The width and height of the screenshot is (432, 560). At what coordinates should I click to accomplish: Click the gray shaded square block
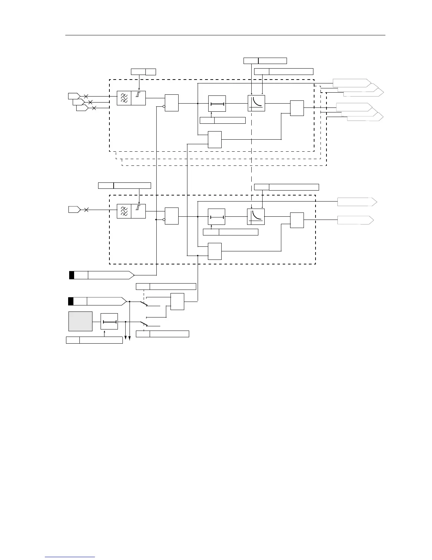[80, 321]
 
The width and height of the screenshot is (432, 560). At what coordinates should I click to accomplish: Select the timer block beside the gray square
[109, 322]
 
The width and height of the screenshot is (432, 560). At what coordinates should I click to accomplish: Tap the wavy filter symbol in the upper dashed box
[124, 98]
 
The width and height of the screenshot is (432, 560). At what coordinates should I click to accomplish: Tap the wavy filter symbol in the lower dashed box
[124, 211]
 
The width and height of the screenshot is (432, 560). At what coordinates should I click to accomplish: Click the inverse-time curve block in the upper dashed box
[256, 103]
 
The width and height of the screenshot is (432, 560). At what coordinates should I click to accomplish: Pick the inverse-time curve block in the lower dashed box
[256, 216]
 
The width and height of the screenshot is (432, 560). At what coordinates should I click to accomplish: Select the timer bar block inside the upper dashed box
[217, 104]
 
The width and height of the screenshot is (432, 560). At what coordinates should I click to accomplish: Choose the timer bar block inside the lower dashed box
[217, 216]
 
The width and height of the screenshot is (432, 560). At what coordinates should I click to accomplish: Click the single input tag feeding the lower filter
[74, 210]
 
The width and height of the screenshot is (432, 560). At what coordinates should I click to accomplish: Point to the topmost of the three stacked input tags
[73, 96]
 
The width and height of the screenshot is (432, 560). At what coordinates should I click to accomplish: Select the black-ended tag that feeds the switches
[97, 301]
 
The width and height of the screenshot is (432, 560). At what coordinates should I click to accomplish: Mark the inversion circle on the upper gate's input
[164, 106]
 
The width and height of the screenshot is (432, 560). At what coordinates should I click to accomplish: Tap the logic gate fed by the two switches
[177, 301]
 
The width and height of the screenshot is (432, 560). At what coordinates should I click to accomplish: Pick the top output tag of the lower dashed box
[357, 202]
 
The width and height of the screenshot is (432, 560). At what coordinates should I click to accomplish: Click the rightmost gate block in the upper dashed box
[297, 108]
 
